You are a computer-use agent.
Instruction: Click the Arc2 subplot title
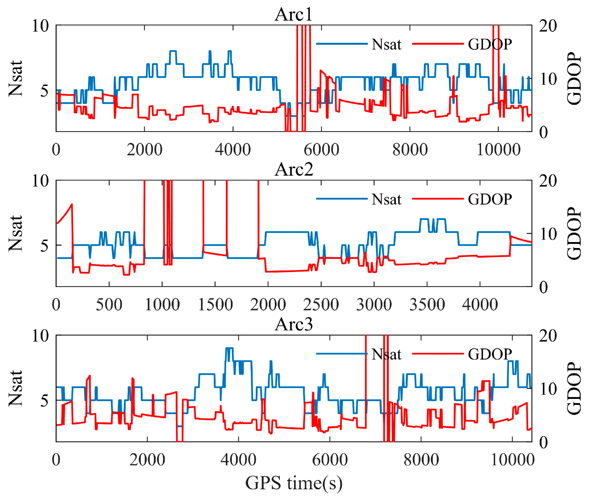294,169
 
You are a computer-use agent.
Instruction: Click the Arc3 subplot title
294,324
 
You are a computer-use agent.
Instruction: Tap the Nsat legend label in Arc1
386,45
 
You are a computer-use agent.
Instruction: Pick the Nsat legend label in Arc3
386,354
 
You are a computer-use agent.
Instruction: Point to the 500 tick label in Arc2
109,305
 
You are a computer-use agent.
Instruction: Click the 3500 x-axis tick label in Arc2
427,305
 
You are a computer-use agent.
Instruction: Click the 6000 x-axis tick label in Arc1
321,150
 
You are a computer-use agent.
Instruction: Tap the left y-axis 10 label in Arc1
40,26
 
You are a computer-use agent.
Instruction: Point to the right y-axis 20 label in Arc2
548,181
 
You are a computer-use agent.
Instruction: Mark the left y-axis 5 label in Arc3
44,400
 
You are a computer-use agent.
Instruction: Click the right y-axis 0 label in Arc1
543,132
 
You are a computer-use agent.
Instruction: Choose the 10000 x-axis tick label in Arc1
498,150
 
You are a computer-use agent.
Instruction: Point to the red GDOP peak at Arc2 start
72,204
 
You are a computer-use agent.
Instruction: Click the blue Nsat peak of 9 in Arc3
229,348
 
